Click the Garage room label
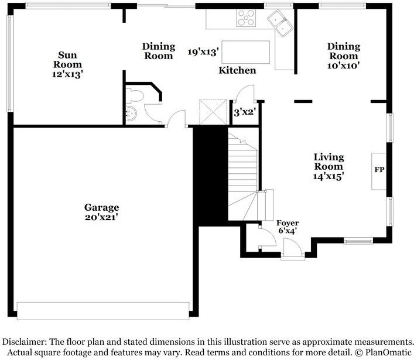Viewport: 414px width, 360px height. coord(102,208)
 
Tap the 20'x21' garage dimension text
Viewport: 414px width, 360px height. coord(101,217)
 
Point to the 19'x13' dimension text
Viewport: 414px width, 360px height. coord(203,52)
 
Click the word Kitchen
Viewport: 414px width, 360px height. coord(237,70)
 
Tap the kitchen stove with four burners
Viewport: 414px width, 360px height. coord(246,18)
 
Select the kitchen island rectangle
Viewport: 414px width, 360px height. coord(245,52)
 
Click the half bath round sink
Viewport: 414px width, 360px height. coord(131,114)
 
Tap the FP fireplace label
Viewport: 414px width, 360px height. coord(379,170)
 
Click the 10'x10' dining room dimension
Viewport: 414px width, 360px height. coord(344,65)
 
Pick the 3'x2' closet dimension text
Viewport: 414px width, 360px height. coord(245,112)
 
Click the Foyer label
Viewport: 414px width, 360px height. coord(288,223)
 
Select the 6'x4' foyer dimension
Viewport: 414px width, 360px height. coord(288,231)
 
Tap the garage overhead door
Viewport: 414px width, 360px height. coord(103,311)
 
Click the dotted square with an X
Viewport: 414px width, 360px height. coord(213,112)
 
